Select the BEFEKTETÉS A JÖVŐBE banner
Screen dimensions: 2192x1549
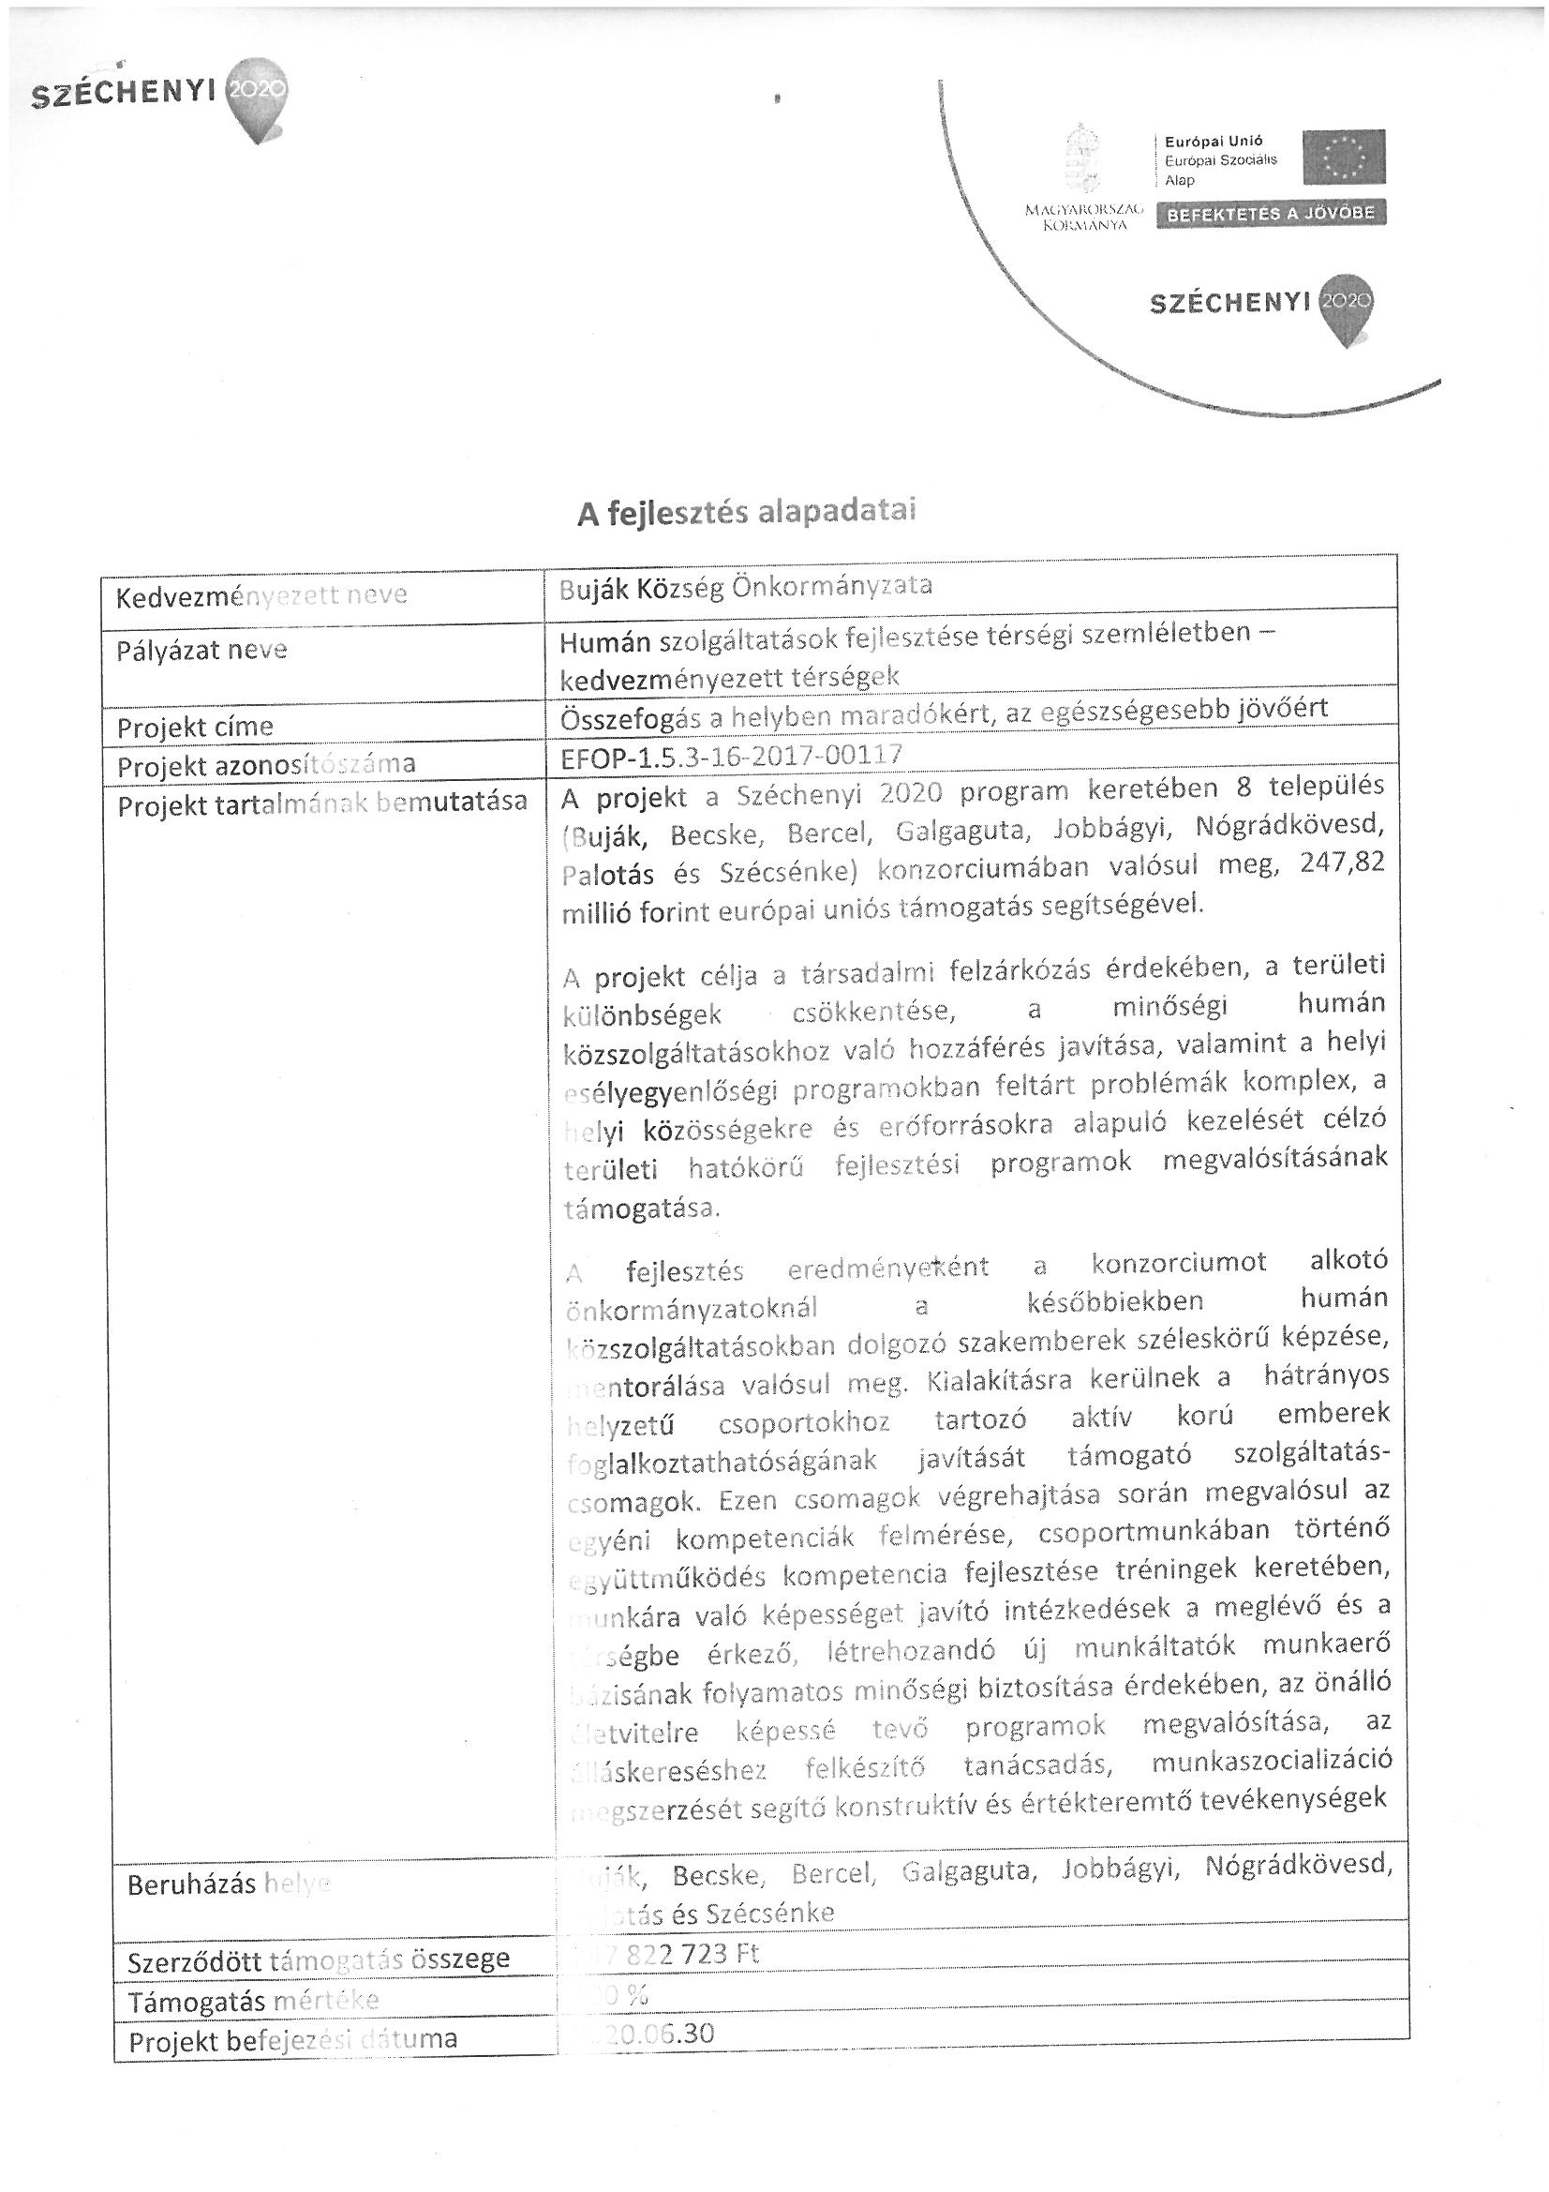1271,213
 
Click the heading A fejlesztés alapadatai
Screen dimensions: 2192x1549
746,512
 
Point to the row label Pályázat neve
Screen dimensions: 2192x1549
201,651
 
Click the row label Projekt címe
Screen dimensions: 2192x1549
195,728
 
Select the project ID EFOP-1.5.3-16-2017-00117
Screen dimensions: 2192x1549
731,755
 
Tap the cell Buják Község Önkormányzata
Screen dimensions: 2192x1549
745,585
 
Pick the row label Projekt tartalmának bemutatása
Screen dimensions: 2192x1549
321,803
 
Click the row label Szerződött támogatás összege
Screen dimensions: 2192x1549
319,1960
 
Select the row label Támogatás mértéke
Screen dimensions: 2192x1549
254,2000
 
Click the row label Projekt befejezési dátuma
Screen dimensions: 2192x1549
293,2040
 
